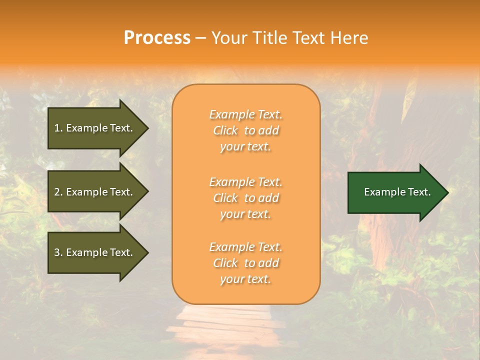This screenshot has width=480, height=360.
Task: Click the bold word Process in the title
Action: (x=157, y=38)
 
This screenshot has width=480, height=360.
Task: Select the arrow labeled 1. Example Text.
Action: (x=95, y=128)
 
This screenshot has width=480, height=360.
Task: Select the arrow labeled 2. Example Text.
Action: (x=95, y=192)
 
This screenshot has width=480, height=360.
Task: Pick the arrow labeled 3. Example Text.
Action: (x=95, y=252)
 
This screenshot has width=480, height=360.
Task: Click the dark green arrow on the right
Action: (x=395, y=192)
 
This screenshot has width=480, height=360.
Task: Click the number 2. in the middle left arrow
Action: (x=58, y=192)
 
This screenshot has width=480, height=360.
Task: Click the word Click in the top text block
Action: (x=225, y=131)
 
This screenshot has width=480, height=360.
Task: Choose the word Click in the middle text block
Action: (x=225, y=198)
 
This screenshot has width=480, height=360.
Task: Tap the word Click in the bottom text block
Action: (x=225, y=263)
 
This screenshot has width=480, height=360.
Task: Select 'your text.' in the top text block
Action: (x=245, y=147)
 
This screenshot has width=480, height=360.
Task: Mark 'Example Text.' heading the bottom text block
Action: (x=245, y=247)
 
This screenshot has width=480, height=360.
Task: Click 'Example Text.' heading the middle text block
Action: (x=245, y=182)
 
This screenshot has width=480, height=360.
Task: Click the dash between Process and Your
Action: (x=200, y=38)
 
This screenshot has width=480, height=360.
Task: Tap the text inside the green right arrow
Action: (x=397, y=192)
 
